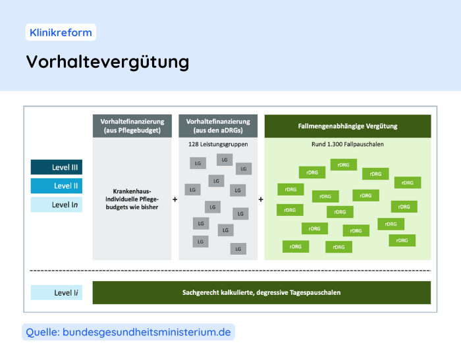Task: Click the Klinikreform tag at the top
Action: (x=61, y=32)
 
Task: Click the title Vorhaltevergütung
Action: (x=107, y=61)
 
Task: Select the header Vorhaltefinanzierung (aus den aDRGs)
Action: (x=218, y=126)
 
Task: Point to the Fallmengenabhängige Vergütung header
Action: (x=347, y=126)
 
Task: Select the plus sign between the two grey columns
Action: (x=175, y=199)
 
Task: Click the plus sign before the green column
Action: (x=261, y=199)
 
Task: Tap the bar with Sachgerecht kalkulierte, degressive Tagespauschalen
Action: (x=261, y=292)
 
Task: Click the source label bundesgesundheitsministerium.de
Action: (x=128, y=332)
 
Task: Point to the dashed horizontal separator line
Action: (x=230, y=271)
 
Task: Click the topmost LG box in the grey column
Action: (x=225, y=160)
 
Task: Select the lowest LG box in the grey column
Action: (x=238, y=248)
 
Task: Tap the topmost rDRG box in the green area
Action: (x=343, y=165)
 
